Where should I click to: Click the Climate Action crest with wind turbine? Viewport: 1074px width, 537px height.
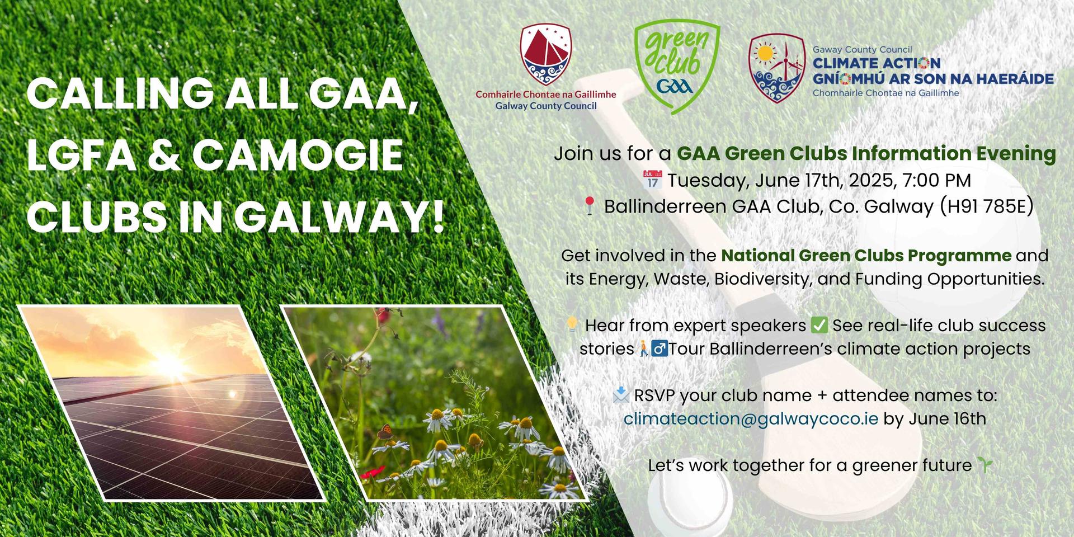777,68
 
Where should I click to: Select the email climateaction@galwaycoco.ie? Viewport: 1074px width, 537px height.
751,418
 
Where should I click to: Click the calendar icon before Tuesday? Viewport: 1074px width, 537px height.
653,180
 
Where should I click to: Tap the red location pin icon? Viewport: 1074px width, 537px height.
589,206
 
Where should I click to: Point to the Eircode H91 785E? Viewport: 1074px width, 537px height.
986,206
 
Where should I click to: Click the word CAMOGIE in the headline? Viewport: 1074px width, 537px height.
298,155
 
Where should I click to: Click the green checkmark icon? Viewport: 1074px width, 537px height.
819,324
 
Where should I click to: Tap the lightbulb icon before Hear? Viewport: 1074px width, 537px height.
572,324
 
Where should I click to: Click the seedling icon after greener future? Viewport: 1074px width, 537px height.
984,465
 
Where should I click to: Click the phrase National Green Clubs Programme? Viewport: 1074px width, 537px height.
866,255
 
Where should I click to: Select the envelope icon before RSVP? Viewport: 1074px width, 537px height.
621,395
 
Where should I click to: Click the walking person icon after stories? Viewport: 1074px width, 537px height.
643,348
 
